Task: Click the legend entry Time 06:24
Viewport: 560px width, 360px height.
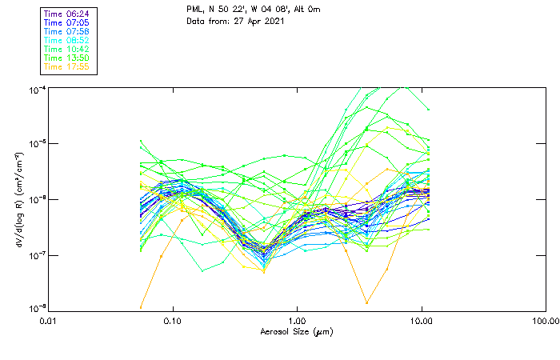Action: (x=67, y=14)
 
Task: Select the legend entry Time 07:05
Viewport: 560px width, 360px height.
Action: (x=67, y=22)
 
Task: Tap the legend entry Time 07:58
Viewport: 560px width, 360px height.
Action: (x=67, y=31)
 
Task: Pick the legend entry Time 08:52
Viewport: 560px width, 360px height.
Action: (x=67, y=40)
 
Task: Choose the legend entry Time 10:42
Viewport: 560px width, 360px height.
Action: (x=67, y=49)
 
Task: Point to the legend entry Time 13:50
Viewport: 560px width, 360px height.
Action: (x=67, y=58)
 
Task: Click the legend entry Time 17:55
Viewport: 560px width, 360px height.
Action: (x=67, y=66)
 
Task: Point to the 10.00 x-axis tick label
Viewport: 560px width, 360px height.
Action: (x=422, y=322)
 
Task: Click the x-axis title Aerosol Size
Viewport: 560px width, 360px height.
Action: (x=296, y=332)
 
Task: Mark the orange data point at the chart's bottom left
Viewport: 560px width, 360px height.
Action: (x=141, y=306)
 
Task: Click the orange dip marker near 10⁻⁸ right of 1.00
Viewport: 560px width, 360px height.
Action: (x=366, y=302)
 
